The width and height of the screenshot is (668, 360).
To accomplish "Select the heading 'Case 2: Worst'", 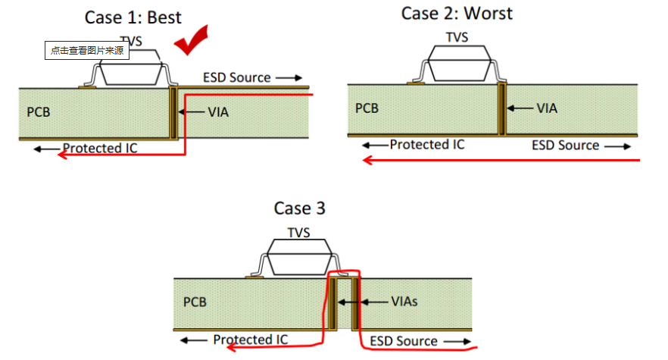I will click(457, 13).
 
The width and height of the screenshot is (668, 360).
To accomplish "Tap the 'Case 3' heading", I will click(299, 208).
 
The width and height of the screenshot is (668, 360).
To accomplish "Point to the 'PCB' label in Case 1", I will click(39, 112).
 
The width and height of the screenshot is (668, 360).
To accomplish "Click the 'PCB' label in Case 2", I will click(367, 108).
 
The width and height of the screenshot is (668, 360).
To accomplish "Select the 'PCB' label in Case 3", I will click(195, 302).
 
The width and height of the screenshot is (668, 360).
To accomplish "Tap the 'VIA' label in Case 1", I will click(218, 112).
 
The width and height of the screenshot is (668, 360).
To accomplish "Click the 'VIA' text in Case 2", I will click(547, 108).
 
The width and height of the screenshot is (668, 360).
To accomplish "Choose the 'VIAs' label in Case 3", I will click(404, 302).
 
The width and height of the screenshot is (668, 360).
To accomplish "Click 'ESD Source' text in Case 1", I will click(236, 77).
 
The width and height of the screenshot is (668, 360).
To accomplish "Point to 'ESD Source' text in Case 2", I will click(565, 145).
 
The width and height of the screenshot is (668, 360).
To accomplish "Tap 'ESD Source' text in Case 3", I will click(403, 341).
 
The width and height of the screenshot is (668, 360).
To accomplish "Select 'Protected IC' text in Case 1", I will click(100, 148).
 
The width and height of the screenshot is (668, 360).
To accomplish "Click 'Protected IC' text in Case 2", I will click(427, 144).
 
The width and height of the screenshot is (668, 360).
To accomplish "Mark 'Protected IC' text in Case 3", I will click(250, 340).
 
